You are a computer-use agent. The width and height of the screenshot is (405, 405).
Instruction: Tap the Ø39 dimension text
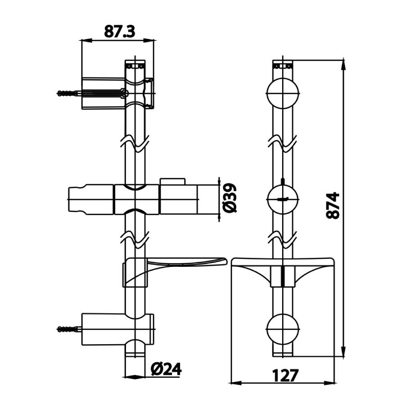pos(229,198)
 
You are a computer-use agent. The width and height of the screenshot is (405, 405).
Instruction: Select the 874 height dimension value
pos(333,206)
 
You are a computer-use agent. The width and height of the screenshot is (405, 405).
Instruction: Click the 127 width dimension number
pos(283,374)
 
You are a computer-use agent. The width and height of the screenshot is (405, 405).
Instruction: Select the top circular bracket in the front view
pos(283,94)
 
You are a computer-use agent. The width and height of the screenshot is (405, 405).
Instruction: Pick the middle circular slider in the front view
pos(283,198)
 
